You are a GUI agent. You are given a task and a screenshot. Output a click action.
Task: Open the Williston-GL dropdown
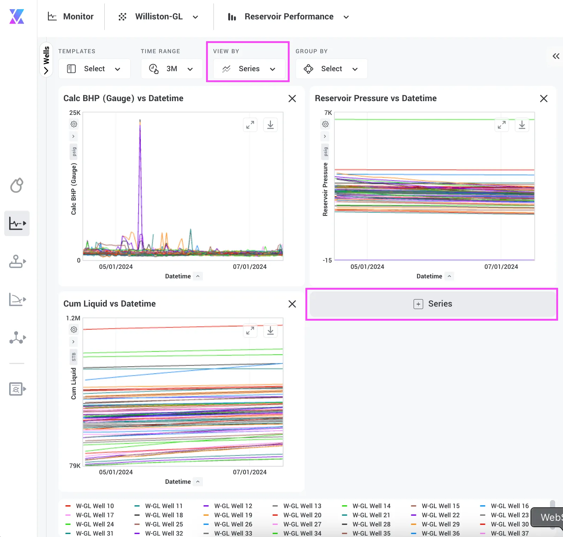tap(158, 17)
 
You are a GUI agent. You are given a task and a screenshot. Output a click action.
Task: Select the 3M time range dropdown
tap(172, 69)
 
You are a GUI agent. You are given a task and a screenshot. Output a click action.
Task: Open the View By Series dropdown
tap(249, 69)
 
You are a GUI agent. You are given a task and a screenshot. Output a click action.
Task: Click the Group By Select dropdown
tap(331, 69)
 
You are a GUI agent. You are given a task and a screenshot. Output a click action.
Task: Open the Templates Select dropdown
tap(94, 69)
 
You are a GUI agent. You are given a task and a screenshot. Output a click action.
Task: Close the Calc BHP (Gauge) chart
tap(292, 99)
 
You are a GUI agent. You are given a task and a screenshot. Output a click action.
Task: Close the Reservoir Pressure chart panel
tap(544, 99)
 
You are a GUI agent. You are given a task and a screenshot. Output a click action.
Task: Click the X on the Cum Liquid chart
tap(292, 304)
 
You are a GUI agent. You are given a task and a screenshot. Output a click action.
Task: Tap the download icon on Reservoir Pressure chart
tap(522, 125)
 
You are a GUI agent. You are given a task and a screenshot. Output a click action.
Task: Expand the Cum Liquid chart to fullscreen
tap(250, 331)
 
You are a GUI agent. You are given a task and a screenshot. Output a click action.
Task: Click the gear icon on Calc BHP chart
tap(74, 124)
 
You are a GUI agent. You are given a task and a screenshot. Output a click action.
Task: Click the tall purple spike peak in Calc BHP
tap(140, 120)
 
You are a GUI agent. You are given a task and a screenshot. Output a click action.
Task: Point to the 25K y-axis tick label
tap(75, 113)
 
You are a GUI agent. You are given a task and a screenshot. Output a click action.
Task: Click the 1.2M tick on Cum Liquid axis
tap(73, 318)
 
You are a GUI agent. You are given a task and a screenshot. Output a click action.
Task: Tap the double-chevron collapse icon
tap(556, 56)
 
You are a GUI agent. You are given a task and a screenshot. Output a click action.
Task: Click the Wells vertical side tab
tap(46, 60)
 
